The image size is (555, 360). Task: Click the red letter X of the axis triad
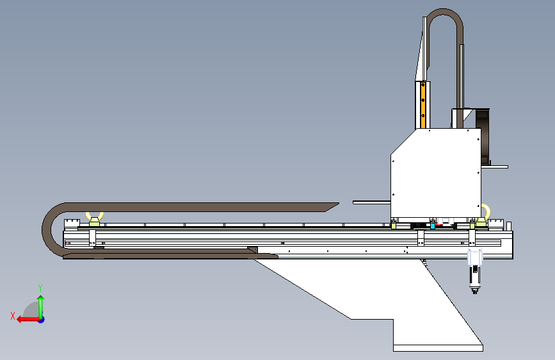click(13, 316)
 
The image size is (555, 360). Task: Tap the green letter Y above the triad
click(40, 288)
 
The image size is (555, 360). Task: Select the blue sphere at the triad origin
click(42, 320)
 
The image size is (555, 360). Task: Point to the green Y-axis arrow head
click(41, 299)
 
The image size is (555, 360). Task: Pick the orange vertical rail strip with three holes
click(422, 105)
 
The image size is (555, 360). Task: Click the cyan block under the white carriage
click(433, 226)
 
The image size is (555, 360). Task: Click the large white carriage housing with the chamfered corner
click(436, 174)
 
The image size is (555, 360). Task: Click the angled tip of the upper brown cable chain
click(333, 207)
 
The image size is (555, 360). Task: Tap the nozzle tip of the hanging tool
click(474, 291)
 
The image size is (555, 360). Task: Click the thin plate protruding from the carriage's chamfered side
click(372, 202)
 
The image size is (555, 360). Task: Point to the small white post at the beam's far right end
click(509, 226)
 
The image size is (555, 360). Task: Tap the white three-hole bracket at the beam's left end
click(72, 224)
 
